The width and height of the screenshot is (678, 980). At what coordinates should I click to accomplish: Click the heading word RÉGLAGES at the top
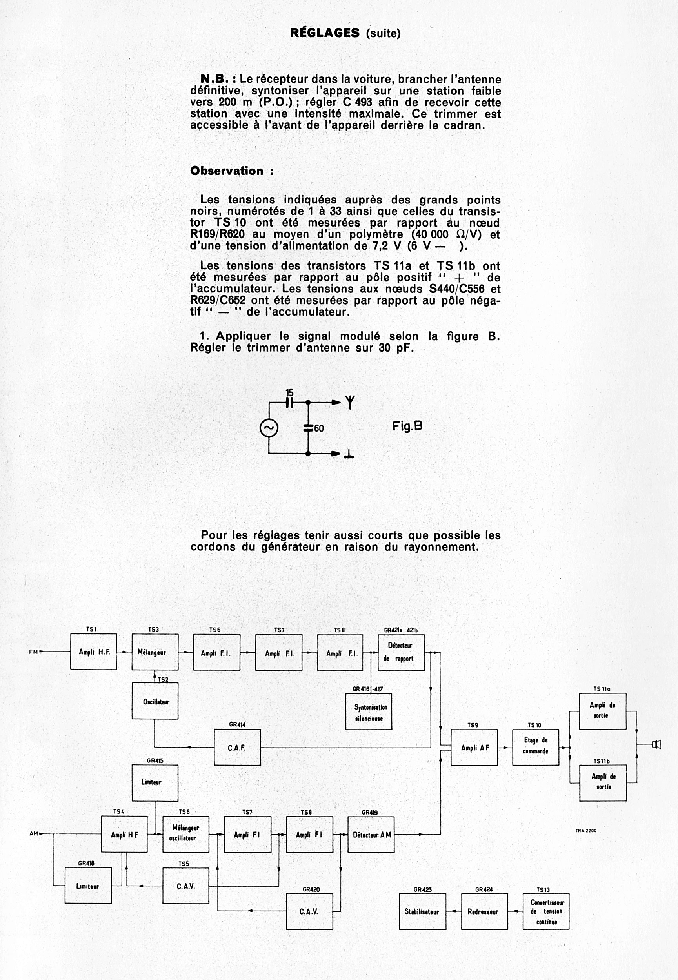point(325,33)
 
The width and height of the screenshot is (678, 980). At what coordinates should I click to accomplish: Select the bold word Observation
point(227,171)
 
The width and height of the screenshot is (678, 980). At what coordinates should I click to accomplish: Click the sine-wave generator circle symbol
point(269,428)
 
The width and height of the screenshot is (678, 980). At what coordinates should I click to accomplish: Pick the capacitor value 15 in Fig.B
point(289,393)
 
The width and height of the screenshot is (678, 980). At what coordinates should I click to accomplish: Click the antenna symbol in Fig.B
point(350,402)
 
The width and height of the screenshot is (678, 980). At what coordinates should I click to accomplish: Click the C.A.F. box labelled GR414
point(237,747)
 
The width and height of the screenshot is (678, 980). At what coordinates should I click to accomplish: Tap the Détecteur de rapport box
point(401,652)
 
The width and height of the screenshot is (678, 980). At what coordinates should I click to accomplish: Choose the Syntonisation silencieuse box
point(369,711)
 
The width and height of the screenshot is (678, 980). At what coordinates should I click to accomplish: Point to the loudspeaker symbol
point(657,744)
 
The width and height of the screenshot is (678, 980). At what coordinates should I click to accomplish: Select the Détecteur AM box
point(371,834)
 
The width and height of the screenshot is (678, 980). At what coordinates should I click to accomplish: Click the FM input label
point(33,652)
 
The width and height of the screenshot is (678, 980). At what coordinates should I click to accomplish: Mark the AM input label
point(34,833)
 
